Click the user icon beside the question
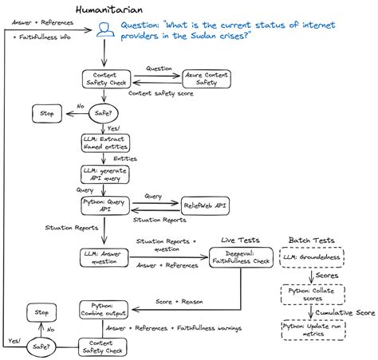tap(104, 30)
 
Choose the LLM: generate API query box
tap(104, 174)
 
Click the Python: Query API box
tap(104, 205)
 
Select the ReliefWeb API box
tap(207, 205)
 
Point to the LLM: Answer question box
tap(104, 256)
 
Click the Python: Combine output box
tap(104, 309)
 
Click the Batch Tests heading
tap(312, 240)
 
